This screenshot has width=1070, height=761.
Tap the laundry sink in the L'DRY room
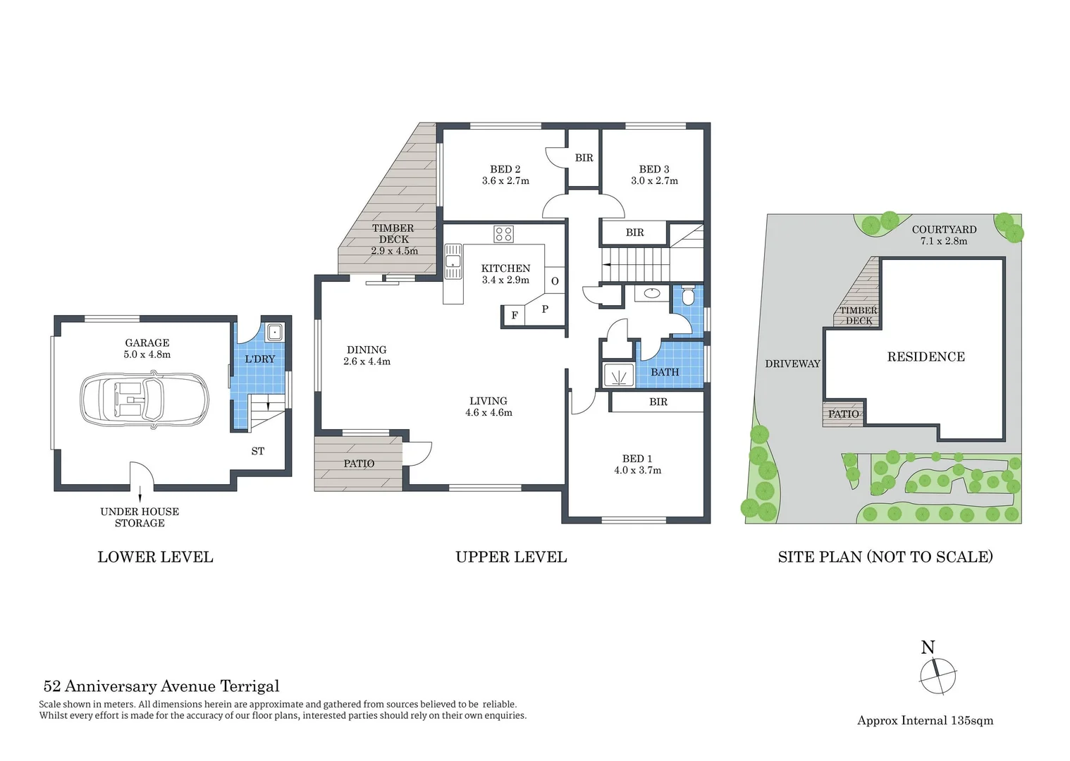pyautogui.click(x=274, y=333)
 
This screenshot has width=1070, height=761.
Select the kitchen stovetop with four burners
pyautogui.click(x=503, y=234)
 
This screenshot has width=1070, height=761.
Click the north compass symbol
pyautogui.click(x=937, y=674)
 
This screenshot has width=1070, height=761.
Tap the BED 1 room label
pyautogui.click(x=637, y=459)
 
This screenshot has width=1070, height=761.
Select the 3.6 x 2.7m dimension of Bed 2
pyautogui.click(x=505, y=181)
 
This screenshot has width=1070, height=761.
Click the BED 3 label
pyautogui.click(x=653, y=169)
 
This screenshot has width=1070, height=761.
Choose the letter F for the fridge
pyautogui.click(x=514, y=316)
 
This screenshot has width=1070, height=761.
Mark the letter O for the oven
pyautogui.click(x=555, y=281)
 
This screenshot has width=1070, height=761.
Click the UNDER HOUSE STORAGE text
pyautogui.click(x=140, y=517)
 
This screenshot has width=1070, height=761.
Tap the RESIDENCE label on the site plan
pyautogui.click(x=926, y=357)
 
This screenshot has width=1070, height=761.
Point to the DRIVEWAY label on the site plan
pyautogui.click(x=792, y=364)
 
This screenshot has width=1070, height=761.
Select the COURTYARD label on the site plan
pyautogui.click(x=944, y=229)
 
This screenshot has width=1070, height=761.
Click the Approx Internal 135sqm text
pyautogui.click(x=925, y=720)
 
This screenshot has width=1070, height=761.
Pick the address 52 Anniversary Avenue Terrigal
pyautogui.click(x=161, y=686)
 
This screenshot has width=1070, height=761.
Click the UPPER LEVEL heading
pyautogui.click(x=511, y=557)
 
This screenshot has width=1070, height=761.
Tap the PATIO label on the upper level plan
pyautogui.click(x=359, y=464)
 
